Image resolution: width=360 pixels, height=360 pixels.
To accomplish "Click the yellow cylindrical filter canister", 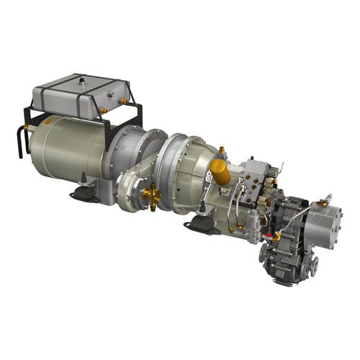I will point(220,173).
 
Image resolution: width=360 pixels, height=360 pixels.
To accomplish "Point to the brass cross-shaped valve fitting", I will point(152,196).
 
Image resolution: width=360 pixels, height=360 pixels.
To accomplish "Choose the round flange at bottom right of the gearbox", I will point(314,267).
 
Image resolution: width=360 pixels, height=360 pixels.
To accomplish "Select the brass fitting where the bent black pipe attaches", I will point(27,127).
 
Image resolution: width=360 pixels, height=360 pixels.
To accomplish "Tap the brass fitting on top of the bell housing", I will point(221,150).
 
